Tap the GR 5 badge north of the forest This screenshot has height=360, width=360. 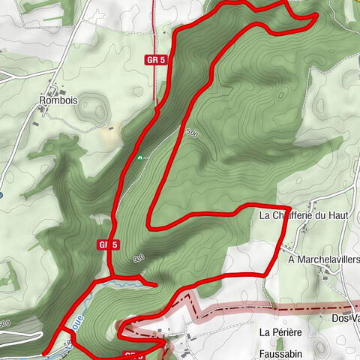155,58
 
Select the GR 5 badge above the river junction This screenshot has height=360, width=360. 109,244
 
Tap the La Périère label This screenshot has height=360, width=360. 279,331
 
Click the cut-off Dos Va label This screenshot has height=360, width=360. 345,318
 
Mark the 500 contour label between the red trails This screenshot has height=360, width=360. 192,133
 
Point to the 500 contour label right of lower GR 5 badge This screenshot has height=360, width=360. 138,259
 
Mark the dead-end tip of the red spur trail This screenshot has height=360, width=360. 155,285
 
